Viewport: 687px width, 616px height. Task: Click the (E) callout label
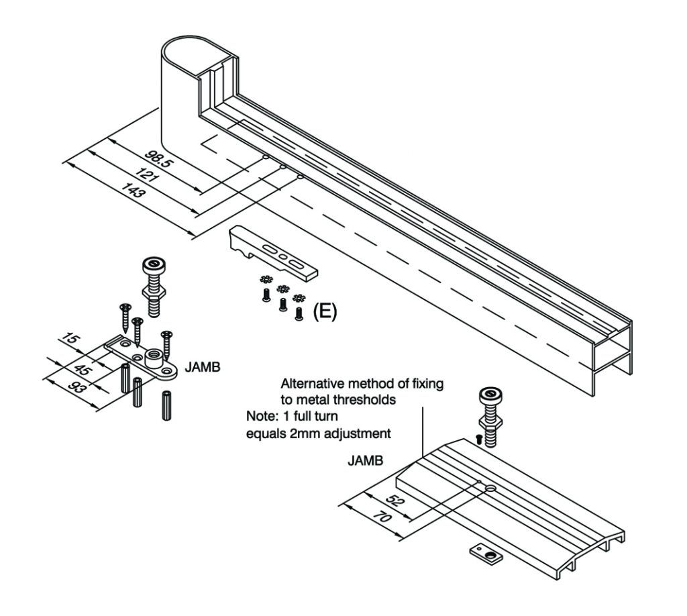coord(325,311)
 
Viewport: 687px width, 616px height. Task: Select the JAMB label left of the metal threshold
coord(364,462)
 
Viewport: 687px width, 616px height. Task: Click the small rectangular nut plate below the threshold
coord(486,554)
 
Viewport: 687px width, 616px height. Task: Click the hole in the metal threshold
coord(492,489)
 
